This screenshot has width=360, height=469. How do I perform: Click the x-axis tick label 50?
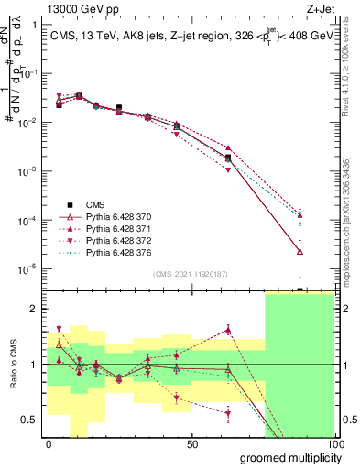191,444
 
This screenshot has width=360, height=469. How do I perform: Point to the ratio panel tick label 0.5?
32,420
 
